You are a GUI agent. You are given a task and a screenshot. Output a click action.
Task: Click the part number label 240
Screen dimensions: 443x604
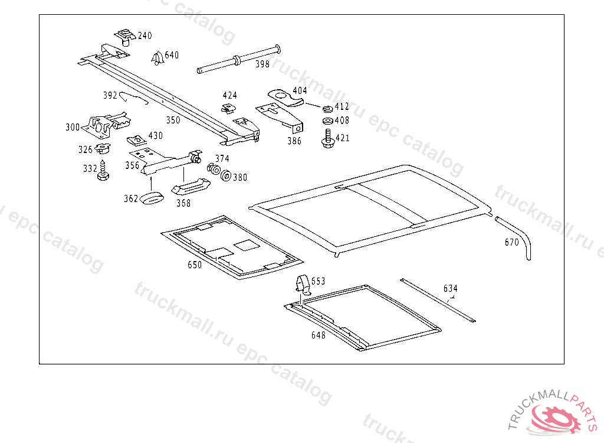click(145, 36)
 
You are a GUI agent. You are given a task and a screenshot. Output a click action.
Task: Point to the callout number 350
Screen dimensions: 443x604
click(173, 120)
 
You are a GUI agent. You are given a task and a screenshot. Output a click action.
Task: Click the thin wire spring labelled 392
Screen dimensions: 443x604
click(133, 96)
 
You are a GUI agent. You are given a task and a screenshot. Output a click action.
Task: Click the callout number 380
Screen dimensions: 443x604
click(240, 177)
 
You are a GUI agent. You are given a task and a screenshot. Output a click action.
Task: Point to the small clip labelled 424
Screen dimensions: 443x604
click(227, 108)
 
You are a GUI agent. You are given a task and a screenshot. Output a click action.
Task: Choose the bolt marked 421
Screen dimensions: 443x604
click(327, 140)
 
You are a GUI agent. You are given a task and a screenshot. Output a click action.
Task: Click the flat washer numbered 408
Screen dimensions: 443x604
click(327, 121)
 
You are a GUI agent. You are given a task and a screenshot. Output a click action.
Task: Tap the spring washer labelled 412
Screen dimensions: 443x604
click(327, 109)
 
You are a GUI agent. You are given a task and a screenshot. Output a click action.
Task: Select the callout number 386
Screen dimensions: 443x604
click(294, 141)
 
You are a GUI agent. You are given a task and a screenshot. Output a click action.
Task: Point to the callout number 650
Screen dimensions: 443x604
click(195, 265)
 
